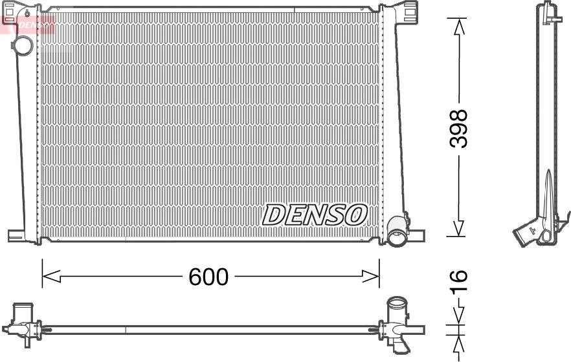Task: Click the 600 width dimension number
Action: click(x=208, y=277)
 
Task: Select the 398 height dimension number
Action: click(x=459, y=128)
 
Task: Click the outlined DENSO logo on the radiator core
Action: click(x=315, y=215)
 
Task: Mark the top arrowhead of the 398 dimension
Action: click(x=459, y=26)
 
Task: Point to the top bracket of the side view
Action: click(x=550, y=12)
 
